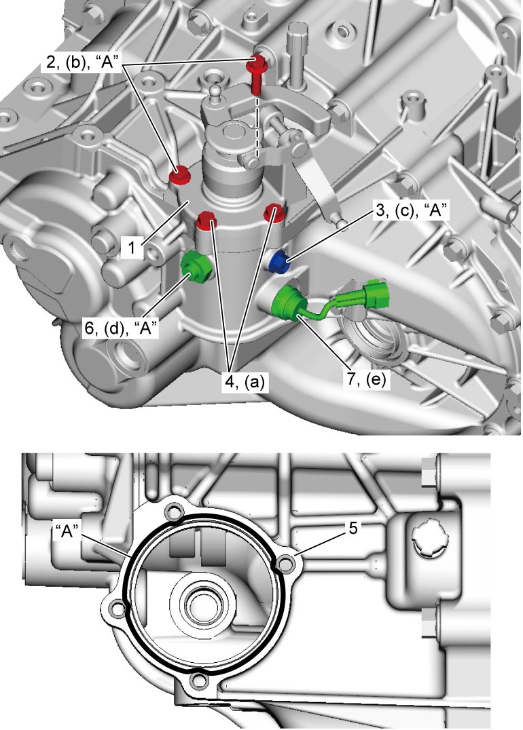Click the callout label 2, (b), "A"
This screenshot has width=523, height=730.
point(85,62)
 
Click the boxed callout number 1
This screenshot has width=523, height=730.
point(132,247)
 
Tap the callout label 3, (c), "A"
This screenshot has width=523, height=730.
point(412,211)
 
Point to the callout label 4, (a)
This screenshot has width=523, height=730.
point(245,382)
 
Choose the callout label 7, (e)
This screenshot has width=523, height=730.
point(366,379)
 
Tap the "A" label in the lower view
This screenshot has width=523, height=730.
point(69,531)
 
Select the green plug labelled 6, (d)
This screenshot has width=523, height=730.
point(194,269)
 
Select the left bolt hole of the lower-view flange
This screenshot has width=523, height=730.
point(117,609)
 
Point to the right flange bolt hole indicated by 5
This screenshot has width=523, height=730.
point(285,564)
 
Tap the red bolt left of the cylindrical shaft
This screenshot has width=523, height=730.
point(178,176)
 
